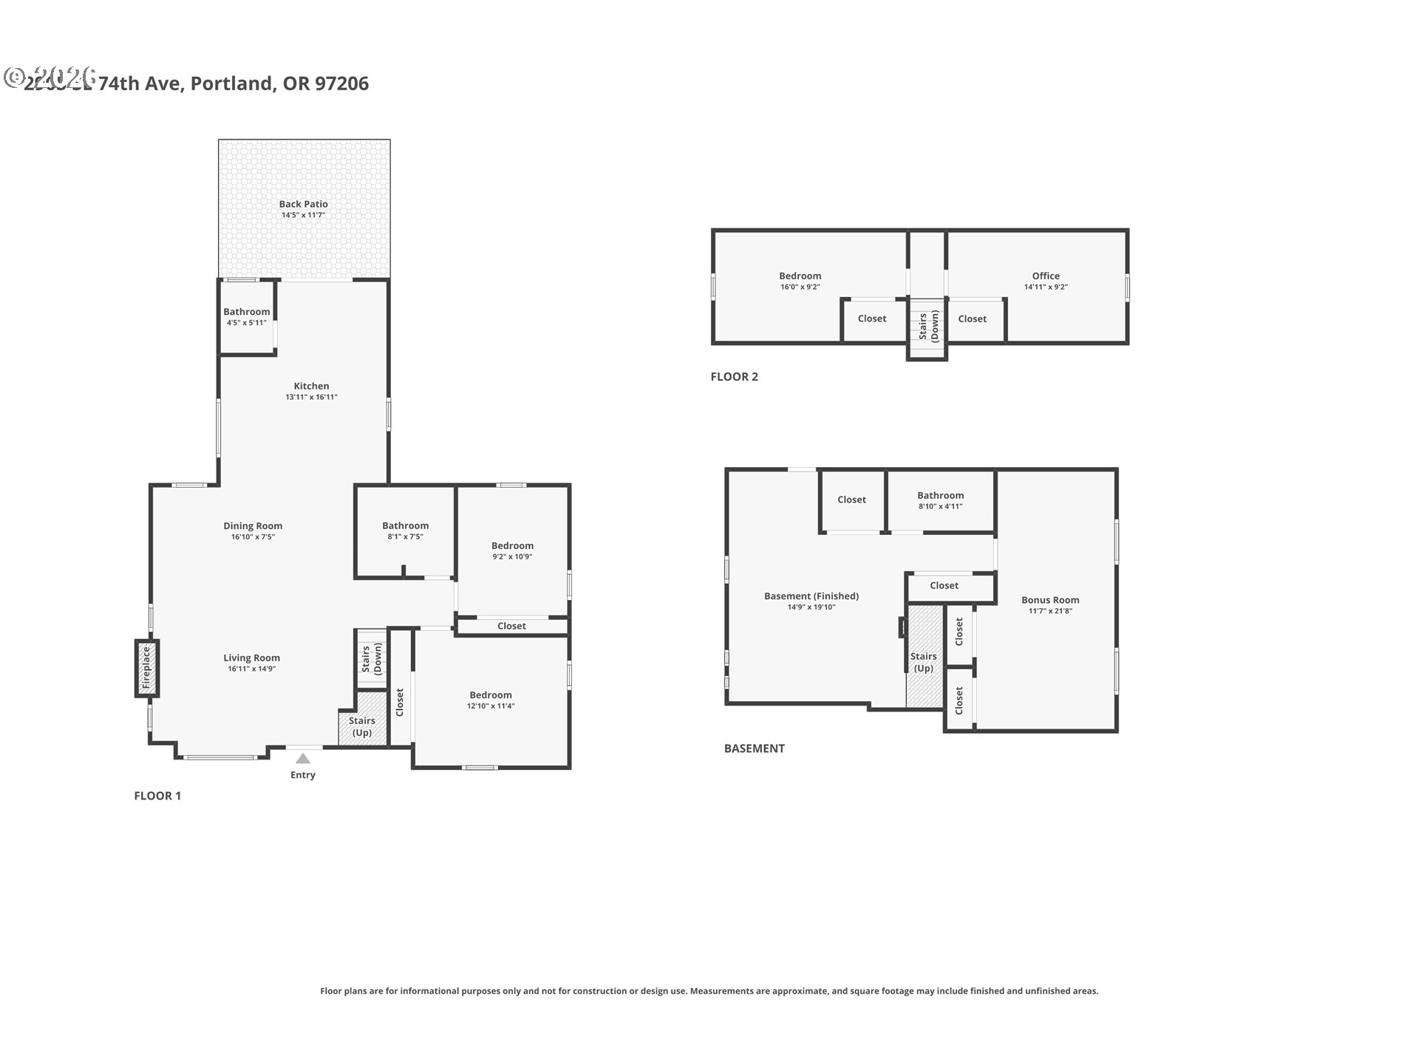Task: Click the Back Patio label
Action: tap(303, 204)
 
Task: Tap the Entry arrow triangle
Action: tap(303, 758)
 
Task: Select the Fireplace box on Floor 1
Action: tap(146, 668)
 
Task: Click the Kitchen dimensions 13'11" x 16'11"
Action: tap(311, 397)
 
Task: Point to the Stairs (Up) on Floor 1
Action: tap(362, 726)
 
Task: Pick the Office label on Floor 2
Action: tap(1045, 276)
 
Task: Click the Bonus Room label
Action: tap(1049, 600)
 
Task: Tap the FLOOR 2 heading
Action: tap(734, 377)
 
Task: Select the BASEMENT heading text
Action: tap(754, 748)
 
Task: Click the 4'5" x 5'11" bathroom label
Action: tap(246, 323)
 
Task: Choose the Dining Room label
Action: tap(253, 526)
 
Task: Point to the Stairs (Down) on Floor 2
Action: tap(928, 326)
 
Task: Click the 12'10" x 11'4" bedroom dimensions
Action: tap(491, 706)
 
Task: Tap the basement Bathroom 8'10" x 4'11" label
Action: tap(940, 500)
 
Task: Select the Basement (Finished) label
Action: tap(811, 596)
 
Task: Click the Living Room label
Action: tap(251, 658)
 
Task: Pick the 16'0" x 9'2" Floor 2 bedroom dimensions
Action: tap(800, 287)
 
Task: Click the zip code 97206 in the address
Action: tap(341, 83)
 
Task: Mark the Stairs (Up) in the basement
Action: tap(923, 661)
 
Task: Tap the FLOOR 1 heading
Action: tap(157, 796)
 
